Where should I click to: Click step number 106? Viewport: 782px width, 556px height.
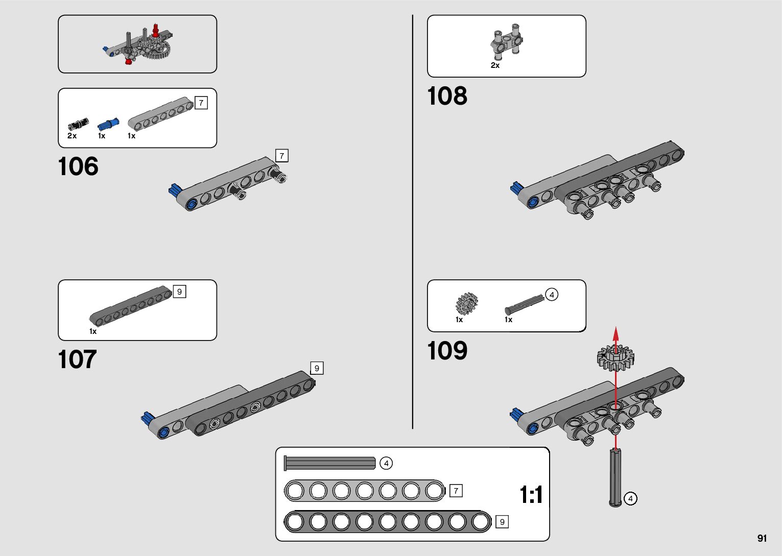(78, 167)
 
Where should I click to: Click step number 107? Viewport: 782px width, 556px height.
(77, 359)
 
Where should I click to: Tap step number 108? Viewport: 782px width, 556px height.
(447, 96)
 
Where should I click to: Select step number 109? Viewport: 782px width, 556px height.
(447, 351)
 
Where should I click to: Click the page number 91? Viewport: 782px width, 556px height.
(762, 539)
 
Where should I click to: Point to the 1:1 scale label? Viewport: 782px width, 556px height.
(531, 495)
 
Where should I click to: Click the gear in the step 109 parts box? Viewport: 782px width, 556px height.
(466, 304)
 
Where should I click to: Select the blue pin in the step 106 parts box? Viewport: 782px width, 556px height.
(108, 124)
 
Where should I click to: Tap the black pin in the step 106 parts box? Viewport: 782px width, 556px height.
(78, 124)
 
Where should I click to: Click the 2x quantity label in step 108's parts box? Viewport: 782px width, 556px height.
(495, 65)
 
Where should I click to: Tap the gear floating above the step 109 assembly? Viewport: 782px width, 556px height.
(615, 357)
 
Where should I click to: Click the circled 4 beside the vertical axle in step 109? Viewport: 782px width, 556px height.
(631, 498)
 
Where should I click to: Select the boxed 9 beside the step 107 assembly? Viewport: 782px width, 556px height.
(317, 368)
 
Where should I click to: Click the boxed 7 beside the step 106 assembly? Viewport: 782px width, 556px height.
(281, 156)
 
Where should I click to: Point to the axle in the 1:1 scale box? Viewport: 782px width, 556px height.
(330, 463)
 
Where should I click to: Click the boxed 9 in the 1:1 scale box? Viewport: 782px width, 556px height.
(502, 522)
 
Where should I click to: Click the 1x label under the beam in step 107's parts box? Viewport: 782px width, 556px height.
(93, 331)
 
